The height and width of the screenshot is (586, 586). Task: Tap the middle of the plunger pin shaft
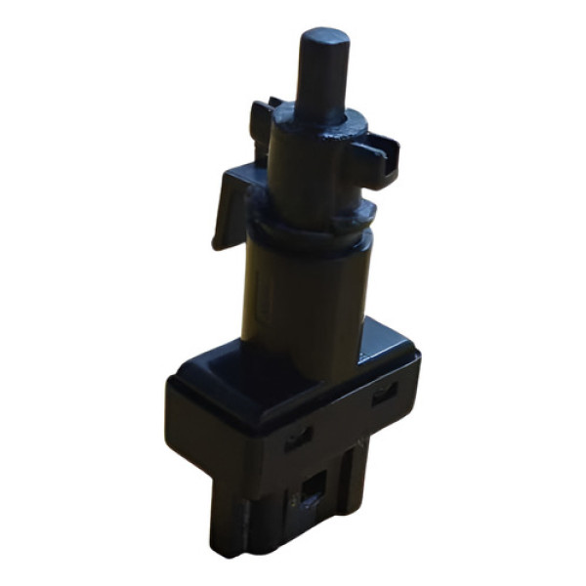323,83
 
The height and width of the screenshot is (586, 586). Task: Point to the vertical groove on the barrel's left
256,293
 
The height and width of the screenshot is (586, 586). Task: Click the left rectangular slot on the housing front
299,439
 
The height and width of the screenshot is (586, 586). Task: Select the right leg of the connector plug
355,483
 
